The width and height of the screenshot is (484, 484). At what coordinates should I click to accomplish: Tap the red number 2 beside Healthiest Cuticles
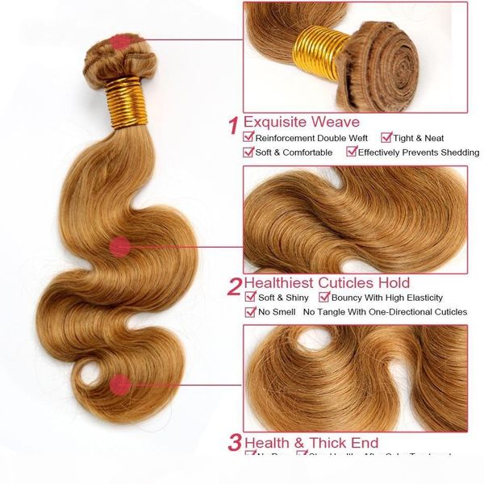point(234,285)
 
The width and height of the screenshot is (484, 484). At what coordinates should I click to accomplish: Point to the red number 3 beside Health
point(234,443)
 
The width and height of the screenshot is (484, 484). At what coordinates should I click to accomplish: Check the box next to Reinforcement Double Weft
point(249,138)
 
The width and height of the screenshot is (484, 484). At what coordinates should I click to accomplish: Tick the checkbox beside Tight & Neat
point(386,138)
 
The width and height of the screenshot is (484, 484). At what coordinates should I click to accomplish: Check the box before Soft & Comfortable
point(249,152)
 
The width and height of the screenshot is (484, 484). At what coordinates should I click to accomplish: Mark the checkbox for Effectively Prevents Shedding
point(351,152)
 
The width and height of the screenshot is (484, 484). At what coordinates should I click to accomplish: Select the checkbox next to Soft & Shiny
point(251,298)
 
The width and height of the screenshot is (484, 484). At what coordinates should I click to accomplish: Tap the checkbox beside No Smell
point(251,311)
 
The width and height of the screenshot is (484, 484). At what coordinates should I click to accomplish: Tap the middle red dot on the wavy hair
point(121,247)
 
